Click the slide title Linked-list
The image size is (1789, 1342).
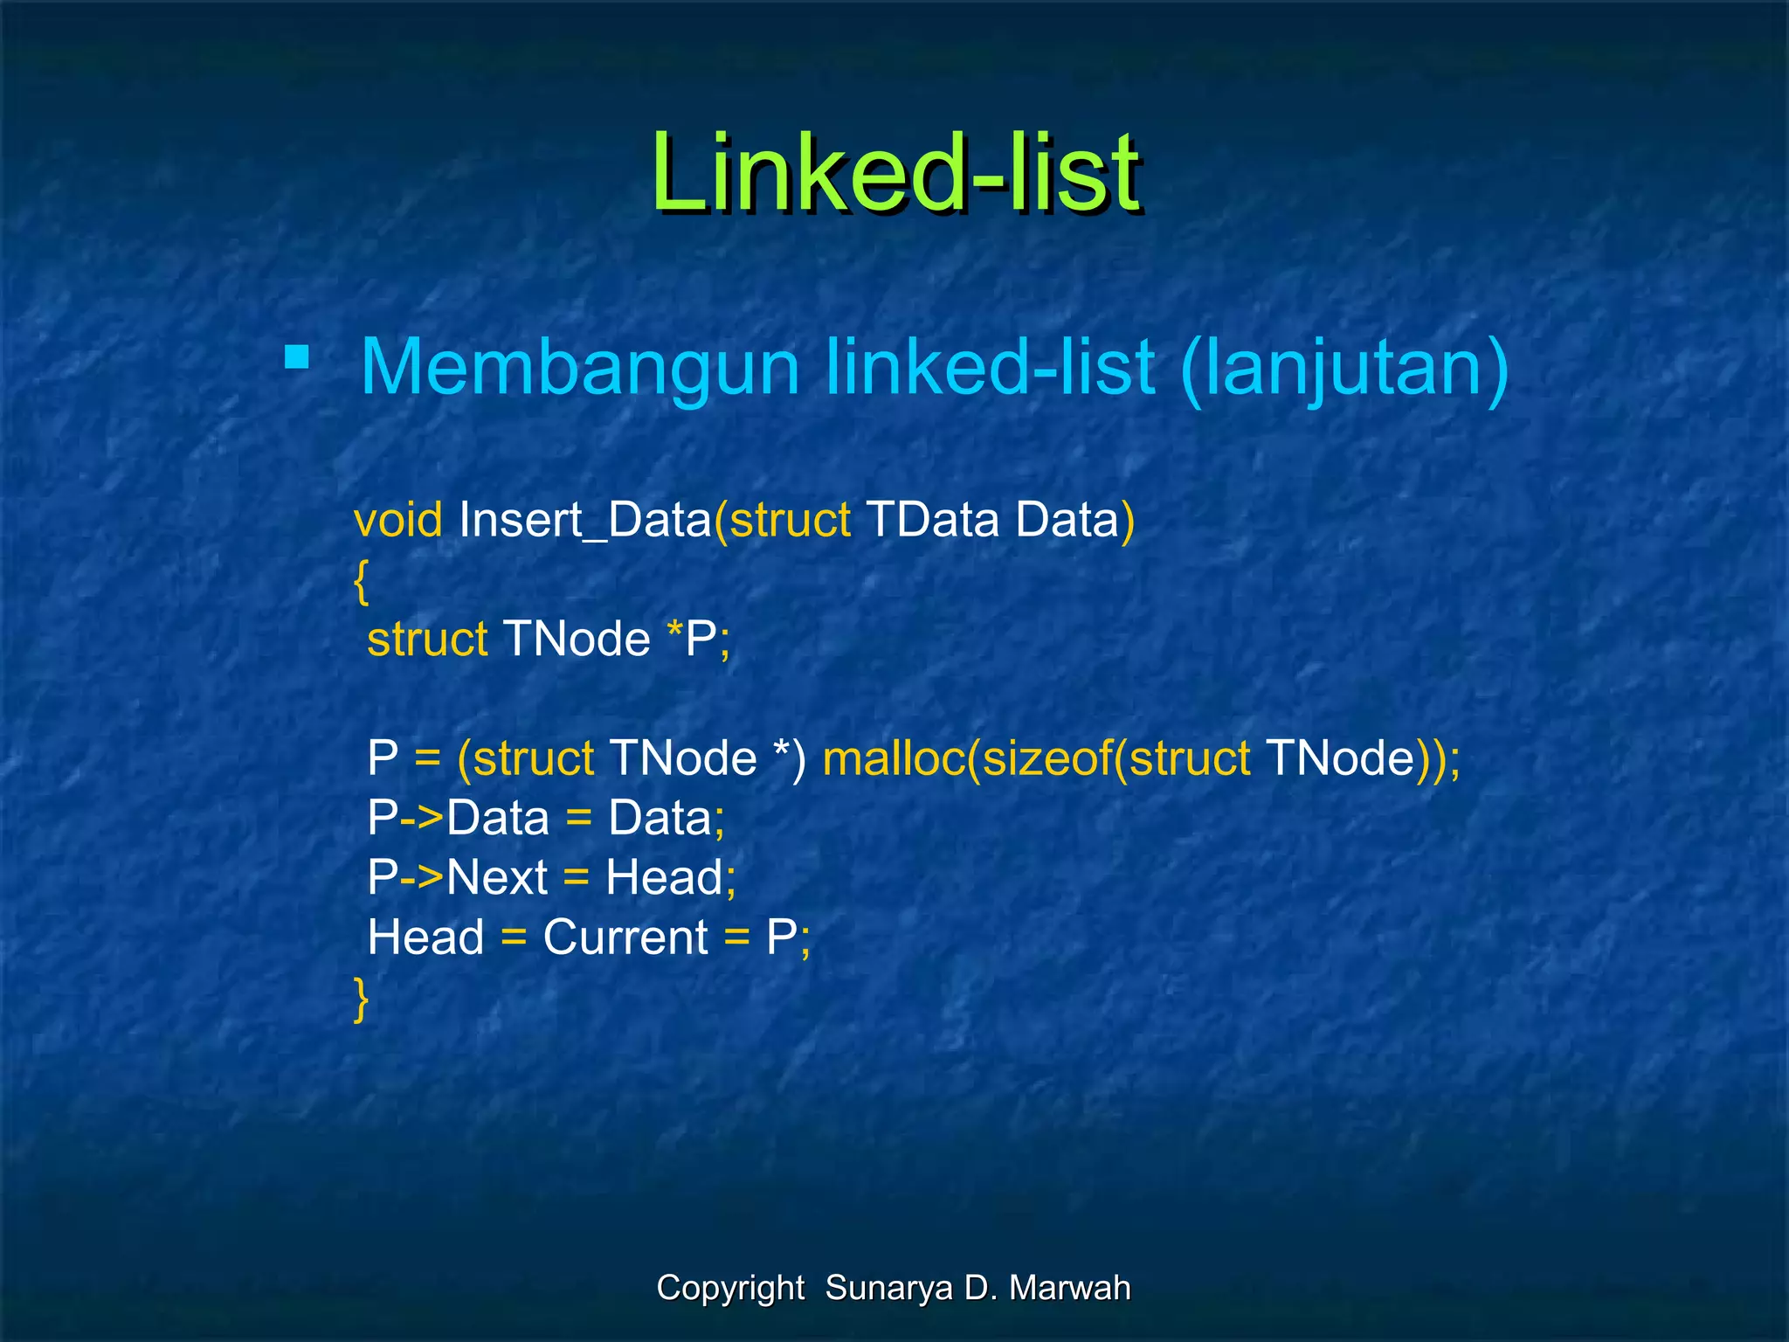tap(895, 172)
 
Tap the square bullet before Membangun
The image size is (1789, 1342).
tap(297, 357)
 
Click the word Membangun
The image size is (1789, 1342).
tap(580, 368)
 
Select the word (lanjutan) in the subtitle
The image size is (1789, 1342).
tap(1343, 368)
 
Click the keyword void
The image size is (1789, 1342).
tap(398, 520)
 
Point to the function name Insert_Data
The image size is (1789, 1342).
tap(585, 520)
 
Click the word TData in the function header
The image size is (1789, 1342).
tap(932, 520)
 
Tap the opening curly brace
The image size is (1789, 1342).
tap(361, 581)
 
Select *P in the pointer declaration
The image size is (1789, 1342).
tap(695, 639)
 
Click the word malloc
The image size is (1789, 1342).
tap(894, 757)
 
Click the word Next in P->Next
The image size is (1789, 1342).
tap(497, 876)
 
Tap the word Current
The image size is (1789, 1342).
tap(625, 937)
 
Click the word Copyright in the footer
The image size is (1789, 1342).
tap(730, 1288)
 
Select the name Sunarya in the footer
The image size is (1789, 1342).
tap(888, 1288)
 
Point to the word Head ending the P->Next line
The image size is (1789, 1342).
tap(664, 876)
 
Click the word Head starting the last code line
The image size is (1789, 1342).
tap(425, 937)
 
